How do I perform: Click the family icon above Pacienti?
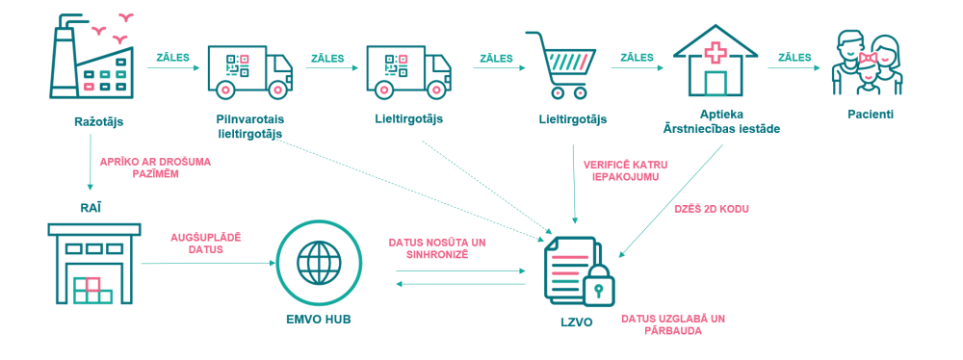tap(867, 64)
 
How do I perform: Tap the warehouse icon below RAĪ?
tap(91, 264)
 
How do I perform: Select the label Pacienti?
tap(871, 115)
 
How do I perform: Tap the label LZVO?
tap(577, 321)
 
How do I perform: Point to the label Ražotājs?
tap(98, 121)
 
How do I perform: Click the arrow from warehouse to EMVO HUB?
tap(208, 264)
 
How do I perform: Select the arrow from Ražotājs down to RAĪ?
tap(91, 163)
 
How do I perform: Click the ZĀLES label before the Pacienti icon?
tap(794, 57)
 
